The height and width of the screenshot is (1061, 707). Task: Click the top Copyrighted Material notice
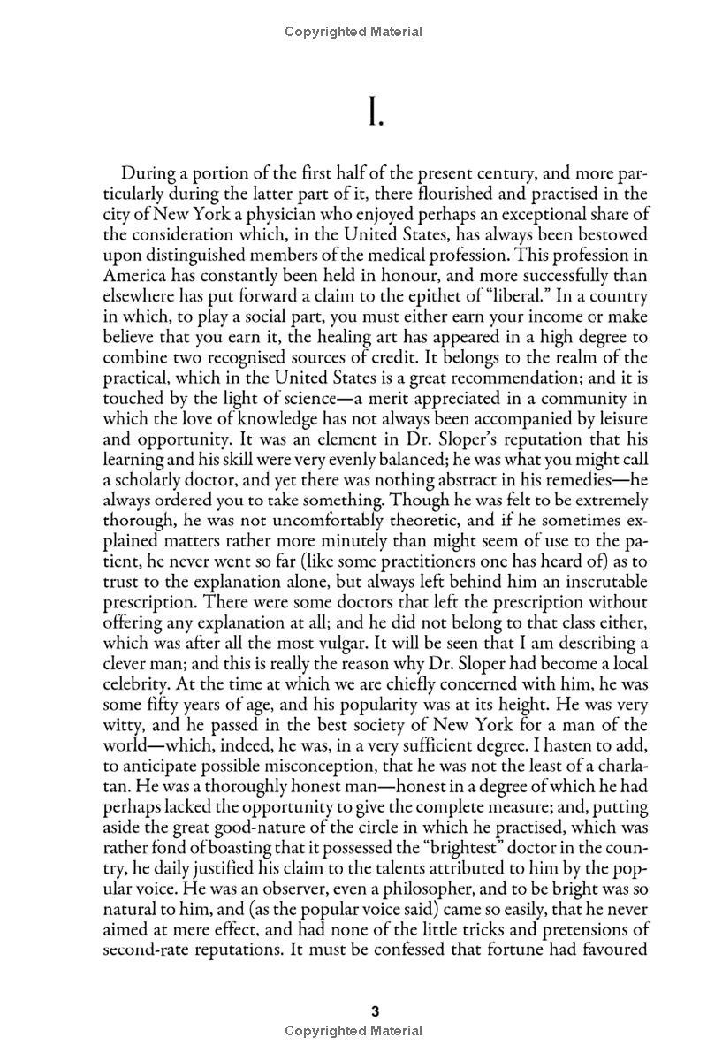coord(353,32)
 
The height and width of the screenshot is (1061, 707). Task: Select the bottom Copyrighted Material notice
coord(353,1031)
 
